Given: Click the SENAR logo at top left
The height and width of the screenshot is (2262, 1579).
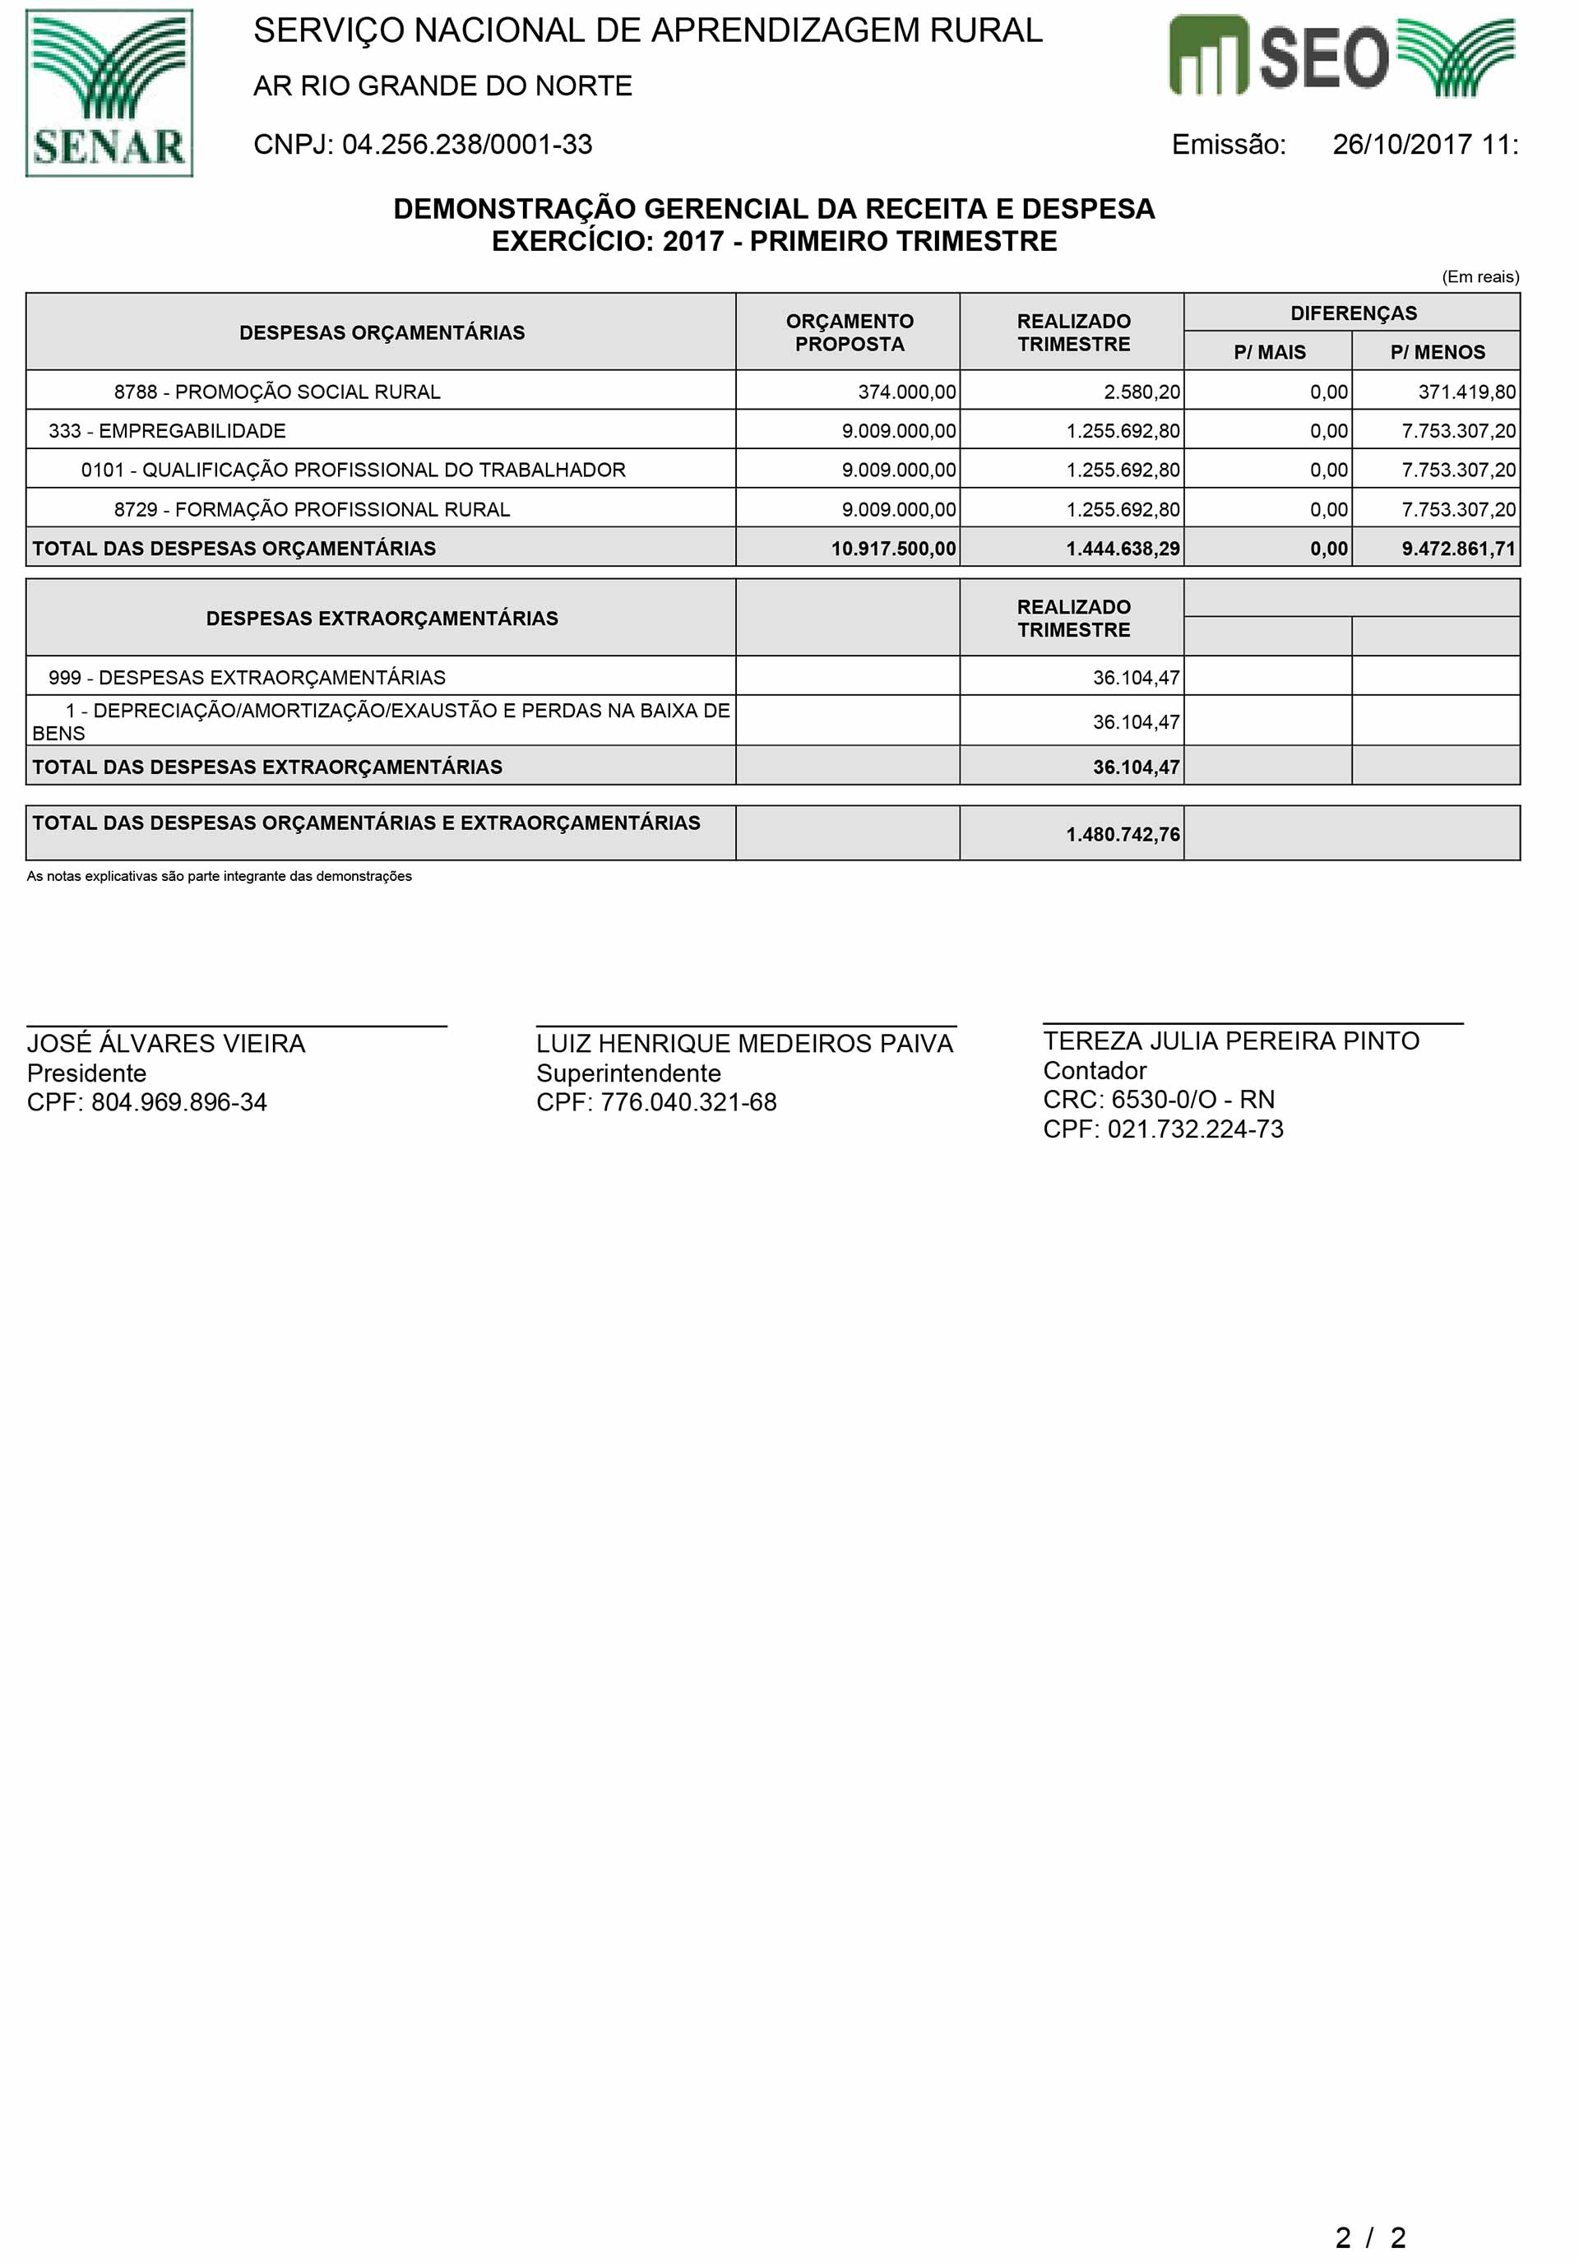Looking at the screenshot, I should [x=109, y=94].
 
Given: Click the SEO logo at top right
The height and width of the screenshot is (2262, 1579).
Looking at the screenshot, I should [x=1341, y=56].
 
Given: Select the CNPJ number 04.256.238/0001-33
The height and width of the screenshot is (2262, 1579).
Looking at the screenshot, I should [x=467, y=145].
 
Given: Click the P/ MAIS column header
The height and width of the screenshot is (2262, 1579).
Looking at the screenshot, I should [x=1269, y=352].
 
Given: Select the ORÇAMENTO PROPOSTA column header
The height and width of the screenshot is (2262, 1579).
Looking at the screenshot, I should [x=849, y=333].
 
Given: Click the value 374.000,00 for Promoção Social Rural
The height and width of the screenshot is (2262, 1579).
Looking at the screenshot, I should [x=906, y=392].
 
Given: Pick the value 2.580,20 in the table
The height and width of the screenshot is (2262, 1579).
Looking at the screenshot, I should [x=1141, y=392].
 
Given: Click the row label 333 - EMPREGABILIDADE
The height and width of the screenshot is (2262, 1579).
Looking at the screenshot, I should [x=168, y=430].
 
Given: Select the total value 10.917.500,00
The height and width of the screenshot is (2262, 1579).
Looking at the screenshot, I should [x=892, y=549].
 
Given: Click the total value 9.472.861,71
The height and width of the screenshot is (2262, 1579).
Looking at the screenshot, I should [x=1458, y=549].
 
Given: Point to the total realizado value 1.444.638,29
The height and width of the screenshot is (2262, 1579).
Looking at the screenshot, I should [x=1122, y=549].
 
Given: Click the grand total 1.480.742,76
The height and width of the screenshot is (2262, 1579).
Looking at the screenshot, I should [x=1122, y=834].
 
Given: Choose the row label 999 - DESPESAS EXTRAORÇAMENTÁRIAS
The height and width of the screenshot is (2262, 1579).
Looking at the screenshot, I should [x=248, y=678].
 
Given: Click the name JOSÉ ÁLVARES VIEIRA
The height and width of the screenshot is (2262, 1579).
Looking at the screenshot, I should [x=165, y=1043].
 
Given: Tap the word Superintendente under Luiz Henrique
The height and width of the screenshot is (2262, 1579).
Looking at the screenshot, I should [x=628, y=1073].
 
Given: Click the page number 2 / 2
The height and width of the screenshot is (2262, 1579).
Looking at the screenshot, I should [x=1370, y=2237].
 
